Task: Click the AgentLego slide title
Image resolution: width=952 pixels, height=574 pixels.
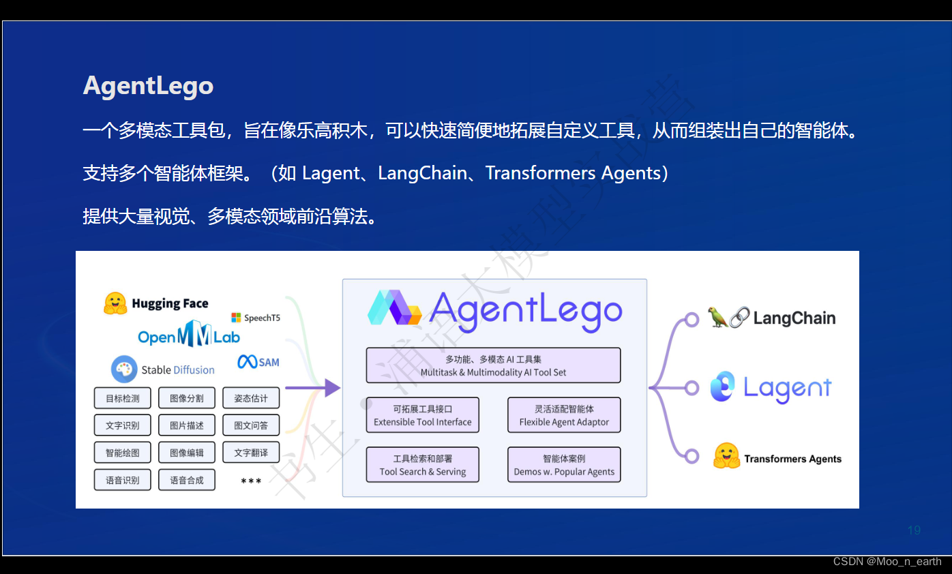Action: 148,86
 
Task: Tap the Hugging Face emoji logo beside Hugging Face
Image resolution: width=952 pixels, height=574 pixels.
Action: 115,303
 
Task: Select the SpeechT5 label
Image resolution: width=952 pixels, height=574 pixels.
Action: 256,318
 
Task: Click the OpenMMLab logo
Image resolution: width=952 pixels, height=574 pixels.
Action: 189,336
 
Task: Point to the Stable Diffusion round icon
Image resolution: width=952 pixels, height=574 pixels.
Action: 124,369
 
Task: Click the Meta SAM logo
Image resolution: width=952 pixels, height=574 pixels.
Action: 258,362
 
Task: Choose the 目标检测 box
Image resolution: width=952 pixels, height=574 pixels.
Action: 122,398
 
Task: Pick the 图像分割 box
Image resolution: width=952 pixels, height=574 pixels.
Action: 186,398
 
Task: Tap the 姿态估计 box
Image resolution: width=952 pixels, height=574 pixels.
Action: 251,398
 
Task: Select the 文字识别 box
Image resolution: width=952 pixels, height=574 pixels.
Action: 122,425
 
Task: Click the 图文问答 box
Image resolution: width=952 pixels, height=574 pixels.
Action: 251,425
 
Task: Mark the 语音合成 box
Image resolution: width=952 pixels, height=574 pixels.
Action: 186,480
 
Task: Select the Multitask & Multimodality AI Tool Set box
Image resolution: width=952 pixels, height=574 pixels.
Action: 493,365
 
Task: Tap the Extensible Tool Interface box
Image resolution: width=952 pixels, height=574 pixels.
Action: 422,415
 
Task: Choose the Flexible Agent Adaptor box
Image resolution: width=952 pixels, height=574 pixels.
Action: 564,415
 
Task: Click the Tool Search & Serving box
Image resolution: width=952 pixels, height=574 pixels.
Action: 422,465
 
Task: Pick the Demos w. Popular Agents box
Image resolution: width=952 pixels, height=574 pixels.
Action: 564,465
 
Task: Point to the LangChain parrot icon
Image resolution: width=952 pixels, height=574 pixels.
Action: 718,317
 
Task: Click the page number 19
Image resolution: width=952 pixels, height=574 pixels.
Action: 914,530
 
